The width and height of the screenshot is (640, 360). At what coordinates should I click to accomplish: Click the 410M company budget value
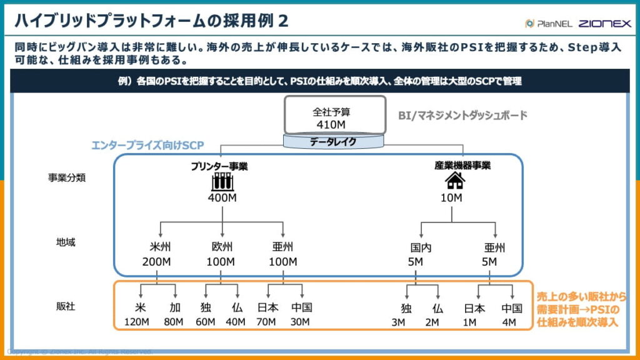coord(334,125)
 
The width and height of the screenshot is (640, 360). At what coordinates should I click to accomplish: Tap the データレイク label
coord(334,142)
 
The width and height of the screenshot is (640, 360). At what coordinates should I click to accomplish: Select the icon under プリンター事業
coord(223,182)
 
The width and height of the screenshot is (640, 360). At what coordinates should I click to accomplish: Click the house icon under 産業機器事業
coord(454,181)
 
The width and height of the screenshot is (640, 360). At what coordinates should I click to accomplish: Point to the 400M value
coord(223,198)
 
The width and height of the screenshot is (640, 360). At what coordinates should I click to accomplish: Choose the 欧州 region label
coord(222,246)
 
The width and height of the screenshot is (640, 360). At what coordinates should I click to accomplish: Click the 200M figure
coord(156,261)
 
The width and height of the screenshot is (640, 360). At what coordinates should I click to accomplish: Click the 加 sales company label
coord(175,308)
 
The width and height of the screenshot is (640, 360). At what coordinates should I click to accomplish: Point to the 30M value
coord(302,322)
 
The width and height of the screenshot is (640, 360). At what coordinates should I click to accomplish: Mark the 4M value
coord(509,322)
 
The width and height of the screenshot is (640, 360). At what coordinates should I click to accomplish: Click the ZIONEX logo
coord(604,24)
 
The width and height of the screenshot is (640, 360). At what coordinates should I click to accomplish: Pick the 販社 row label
coord(66,306)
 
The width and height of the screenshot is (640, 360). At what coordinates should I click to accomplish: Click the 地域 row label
coord(66,242)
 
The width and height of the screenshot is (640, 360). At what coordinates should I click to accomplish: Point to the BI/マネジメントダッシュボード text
coord(463,115)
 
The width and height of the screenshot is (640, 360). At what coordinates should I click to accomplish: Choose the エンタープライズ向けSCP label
coord(147,145)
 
